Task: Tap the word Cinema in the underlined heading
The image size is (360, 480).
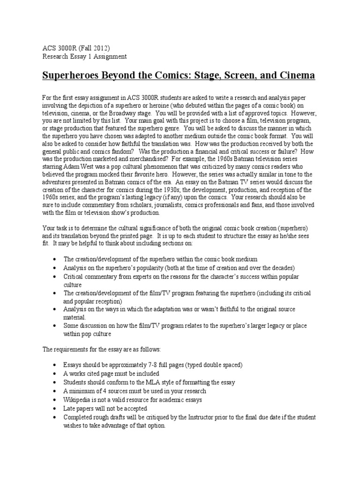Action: pyautogui.click(x=294, y=75)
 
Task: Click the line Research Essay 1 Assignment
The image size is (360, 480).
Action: pyautogui.click(x=85, y=56)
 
